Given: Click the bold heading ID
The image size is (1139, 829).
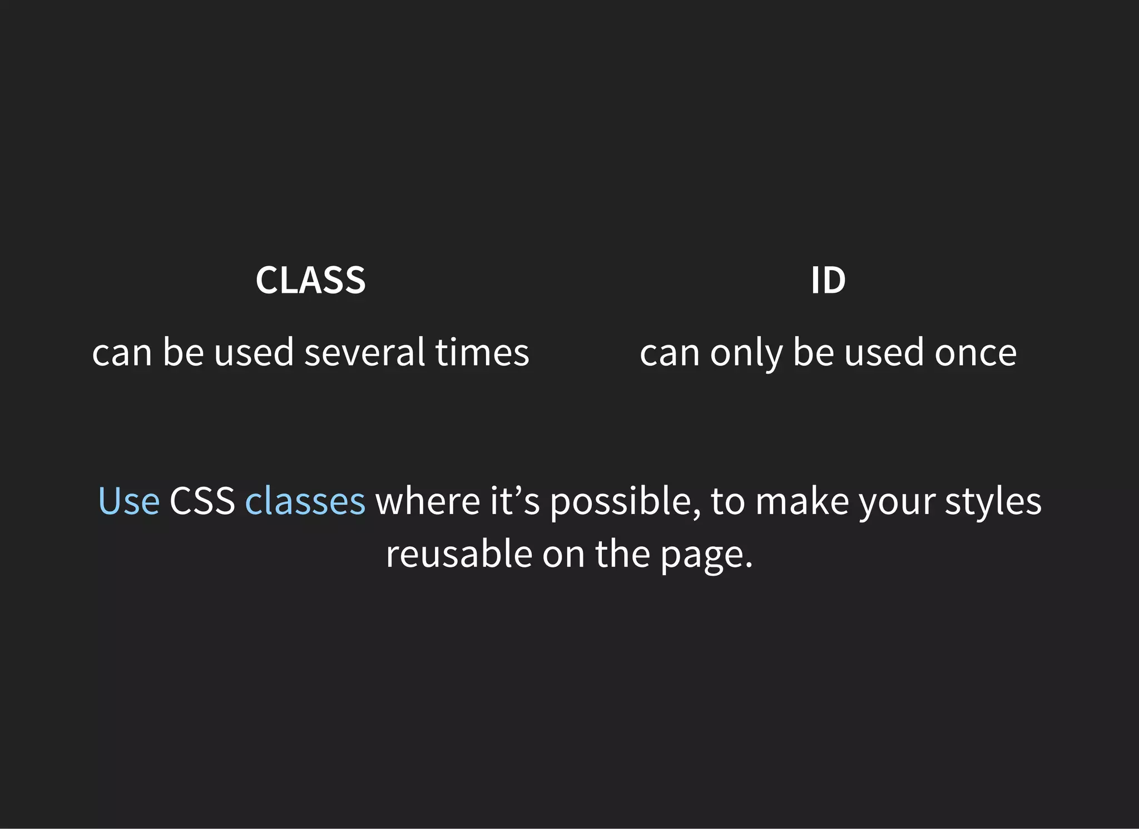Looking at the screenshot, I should coord(828,281).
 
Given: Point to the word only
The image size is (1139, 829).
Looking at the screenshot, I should coord(746,353).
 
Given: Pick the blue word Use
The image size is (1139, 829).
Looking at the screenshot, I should coord(128,501).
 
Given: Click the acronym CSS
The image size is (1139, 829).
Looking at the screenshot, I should coord(202,501).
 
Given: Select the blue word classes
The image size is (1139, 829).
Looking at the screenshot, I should coord(305,501).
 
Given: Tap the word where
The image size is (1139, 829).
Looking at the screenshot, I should coord(427,501).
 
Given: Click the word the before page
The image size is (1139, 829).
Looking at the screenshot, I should coord(622,554).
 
